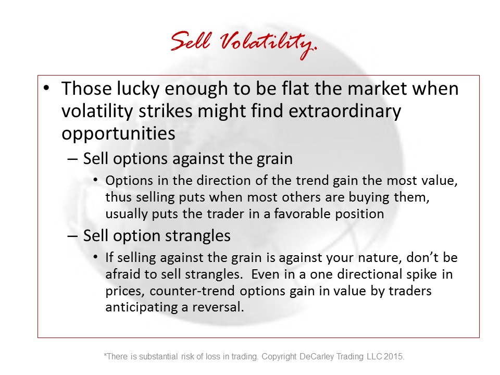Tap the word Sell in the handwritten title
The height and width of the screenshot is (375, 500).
(191, 41)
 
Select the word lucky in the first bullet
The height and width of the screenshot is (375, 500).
(137, 89)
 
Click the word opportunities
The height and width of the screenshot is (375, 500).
(118, 134)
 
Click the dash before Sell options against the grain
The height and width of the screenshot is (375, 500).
(72, 159)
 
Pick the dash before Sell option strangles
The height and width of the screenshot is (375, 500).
(72, 236)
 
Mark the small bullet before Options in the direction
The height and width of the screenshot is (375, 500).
(96, 180)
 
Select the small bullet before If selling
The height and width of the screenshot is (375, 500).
(96, 257)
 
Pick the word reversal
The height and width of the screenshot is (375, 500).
(218, 307)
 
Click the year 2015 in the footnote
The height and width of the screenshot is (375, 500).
(394, 356)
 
